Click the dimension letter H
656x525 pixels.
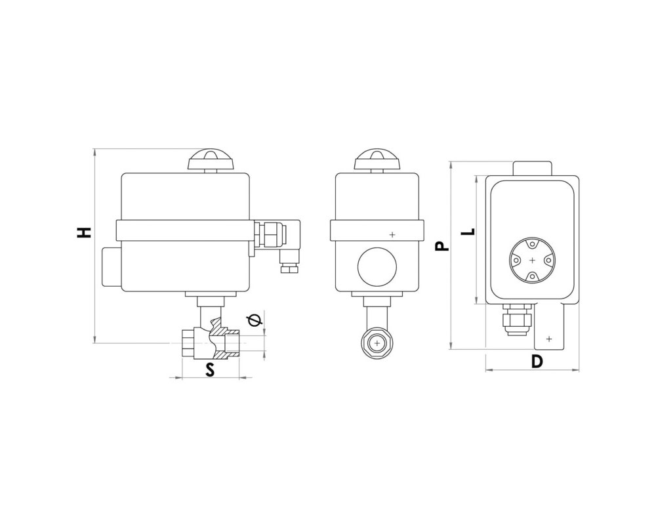click(x=84, y=233)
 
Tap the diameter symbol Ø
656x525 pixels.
click(x=255, y=320)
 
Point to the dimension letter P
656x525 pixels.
click(x=441, y=245)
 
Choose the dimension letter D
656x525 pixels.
click(x=537, y=361)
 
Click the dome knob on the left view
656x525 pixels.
click(x=211, y=159)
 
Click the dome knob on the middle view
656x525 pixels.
click(x=377, y=159)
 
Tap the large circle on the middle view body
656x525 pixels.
click(x=377, y=266)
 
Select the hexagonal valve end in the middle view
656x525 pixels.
click(x=377, y=344)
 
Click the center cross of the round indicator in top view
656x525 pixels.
click(x=532, y=260)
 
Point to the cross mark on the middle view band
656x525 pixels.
click(x=392, y=234)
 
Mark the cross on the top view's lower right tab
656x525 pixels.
click(x=549, y=338)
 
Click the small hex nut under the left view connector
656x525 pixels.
click(x=289, y=268)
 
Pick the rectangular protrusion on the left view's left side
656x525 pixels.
click(x=112, y=266)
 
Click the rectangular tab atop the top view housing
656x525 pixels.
click(x=532, y=168)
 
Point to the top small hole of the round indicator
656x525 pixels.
click(x=532, y=244)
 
